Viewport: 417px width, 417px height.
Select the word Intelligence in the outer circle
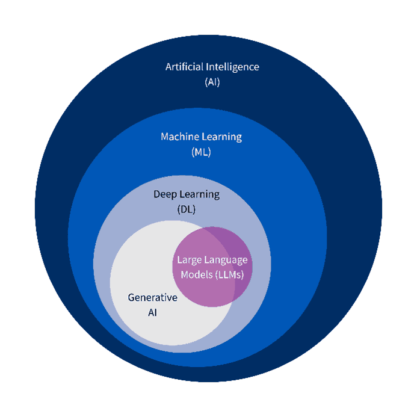(232, 66)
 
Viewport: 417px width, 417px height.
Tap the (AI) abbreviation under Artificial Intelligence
(212, 82)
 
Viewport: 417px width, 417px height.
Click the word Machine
(179, 137)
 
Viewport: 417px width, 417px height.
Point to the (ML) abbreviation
(201, 152)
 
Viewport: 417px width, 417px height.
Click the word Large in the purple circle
(189, 260)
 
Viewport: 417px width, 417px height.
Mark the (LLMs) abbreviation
(229, 274)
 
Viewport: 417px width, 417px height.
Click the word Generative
(152, 297)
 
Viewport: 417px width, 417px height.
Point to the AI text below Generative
(152, 313)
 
